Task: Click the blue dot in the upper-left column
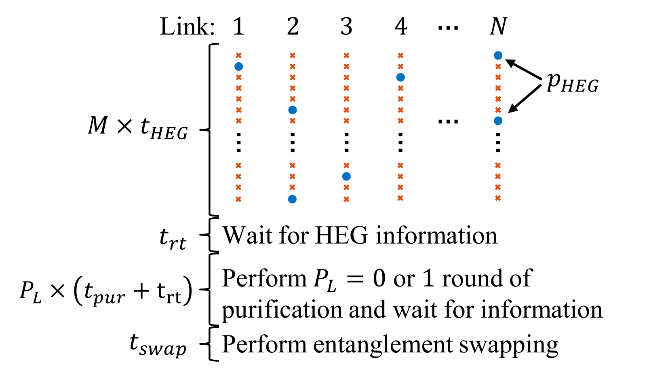239,66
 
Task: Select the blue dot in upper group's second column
293,110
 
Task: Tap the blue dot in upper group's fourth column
400,77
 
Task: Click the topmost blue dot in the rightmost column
498,55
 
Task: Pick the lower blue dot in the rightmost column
498,121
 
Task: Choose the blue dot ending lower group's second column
292,199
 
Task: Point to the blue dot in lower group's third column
346,176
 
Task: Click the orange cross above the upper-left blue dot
239,55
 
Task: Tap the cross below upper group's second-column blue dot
293,121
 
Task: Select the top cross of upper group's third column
346,55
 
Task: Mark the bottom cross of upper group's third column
346,121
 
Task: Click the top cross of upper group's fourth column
400,55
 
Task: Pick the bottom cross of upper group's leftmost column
239,121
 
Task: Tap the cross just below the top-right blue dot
498,67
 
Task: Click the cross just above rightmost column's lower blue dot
498,110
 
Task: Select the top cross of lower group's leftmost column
238,165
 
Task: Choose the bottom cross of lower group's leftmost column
238,199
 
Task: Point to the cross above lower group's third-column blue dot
346,165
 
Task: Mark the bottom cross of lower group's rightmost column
498,198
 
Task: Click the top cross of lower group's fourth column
400,165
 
